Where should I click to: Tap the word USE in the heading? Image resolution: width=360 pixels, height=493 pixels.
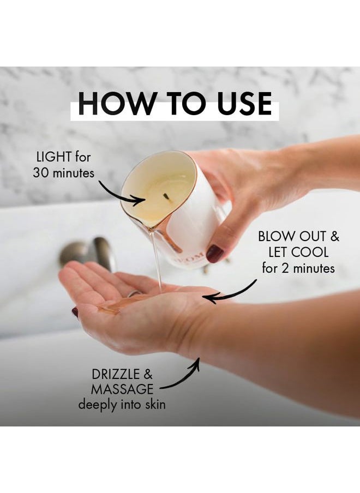click(244, 104)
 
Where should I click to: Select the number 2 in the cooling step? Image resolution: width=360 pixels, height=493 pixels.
click(285, 269)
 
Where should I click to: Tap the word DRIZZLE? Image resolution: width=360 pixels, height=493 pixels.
click(115, 375)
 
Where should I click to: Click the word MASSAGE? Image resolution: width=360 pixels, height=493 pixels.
click(122, 389)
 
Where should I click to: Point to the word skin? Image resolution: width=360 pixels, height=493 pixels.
click(155, 404)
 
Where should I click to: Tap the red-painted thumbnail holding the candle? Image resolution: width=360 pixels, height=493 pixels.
click(215, 254)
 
